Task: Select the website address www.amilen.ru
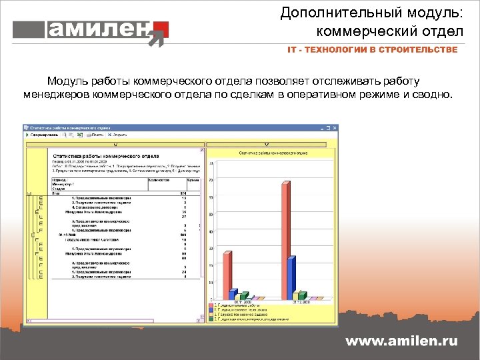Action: click(401, 341)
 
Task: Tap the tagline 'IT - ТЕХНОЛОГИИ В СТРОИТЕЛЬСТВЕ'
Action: click(372, 50)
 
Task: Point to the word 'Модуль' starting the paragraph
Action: click(65, 81)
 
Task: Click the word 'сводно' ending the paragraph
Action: click(434, 95)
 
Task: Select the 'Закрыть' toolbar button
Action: click(119, 135)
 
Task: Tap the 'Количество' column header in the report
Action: click(158, 180)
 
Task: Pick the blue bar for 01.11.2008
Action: click(232, 294)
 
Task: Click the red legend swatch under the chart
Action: click(210, 305)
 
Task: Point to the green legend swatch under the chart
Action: click(210, 319)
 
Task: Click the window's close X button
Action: click(335, 127)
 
